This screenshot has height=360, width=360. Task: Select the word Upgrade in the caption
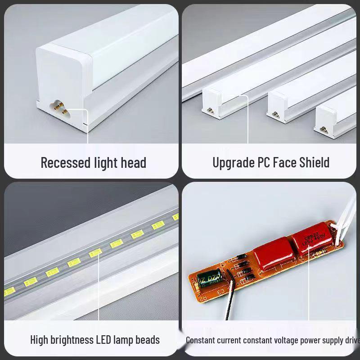click(x=233, y=162)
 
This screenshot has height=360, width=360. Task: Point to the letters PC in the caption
click(x=264, y=162)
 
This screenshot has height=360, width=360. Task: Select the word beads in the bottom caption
click(x=147, y=339)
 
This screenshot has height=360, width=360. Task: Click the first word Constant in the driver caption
click(x=201, y=340)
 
